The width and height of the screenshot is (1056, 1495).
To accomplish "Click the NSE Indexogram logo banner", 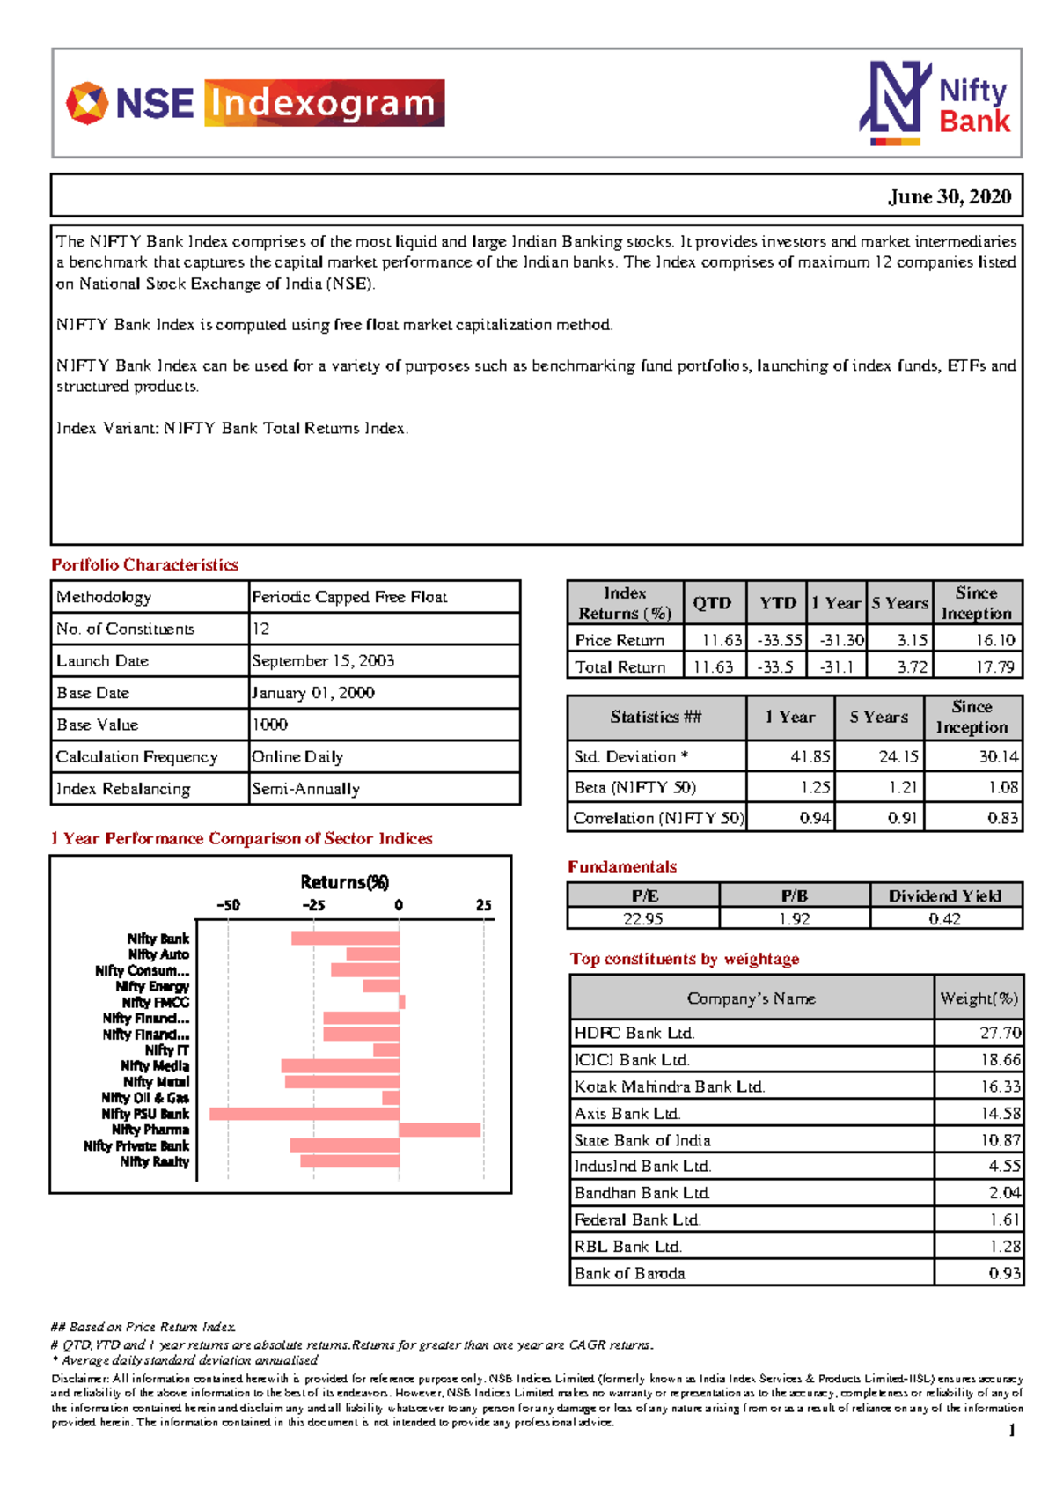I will click(x=255, y=103).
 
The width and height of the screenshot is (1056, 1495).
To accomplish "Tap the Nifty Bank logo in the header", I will click(x=935, y=103).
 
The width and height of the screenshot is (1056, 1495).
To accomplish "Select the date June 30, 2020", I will click(x=950, y=196).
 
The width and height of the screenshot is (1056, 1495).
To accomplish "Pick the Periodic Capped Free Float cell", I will click(x=349, y=597).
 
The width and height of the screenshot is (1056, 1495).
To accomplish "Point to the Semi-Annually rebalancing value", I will click(x=305, y=789).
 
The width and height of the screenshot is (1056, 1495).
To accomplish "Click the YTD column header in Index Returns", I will click(x=778, y=603).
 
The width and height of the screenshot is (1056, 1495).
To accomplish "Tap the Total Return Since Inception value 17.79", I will click(x=994, y=667).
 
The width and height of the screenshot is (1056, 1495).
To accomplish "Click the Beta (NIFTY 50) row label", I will click(x=634, y=787).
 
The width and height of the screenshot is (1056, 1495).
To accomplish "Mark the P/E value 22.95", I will click(x=642, y=918).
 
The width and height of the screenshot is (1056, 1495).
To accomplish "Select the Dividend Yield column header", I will click(x=945, y=895).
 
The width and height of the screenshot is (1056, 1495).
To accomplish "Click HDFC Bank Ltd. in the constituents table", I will click(x=634, y=1033).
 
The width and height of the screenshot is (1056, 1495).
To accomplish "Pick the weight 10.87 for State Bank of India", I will click(x=1001, y=1140).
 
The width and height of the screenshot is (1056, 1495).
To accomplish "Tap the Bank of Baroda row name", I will click(x=629, y=1273).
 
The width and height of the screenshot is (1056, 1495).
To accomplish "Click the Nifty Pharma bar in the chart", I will click(x=439, y=1130).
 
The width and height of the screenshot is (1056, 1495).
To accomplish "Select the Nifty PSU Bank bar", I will click(x=304, y=1114).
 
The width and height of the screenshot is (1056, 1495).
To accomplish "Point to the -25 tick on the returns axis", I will click(x=313, y=905).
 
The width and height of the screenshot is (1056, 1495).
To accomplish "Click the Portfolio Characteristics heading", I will click(x=144, y=564).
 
